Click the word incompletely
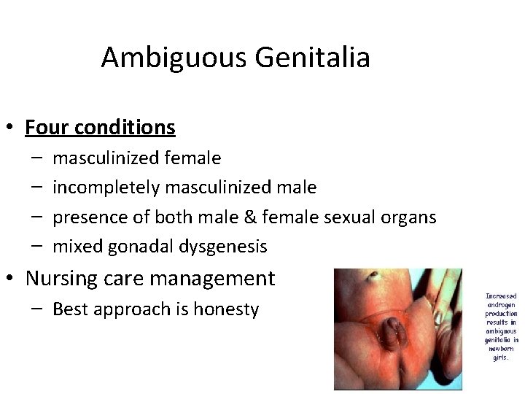coord(106,188)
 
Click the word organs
coord(411,217)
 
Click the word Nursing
coord(61,278)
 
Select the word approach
coord(129,309)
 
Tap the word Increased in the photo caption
coord(501,296)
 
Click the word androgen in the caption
coord(501,305)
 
